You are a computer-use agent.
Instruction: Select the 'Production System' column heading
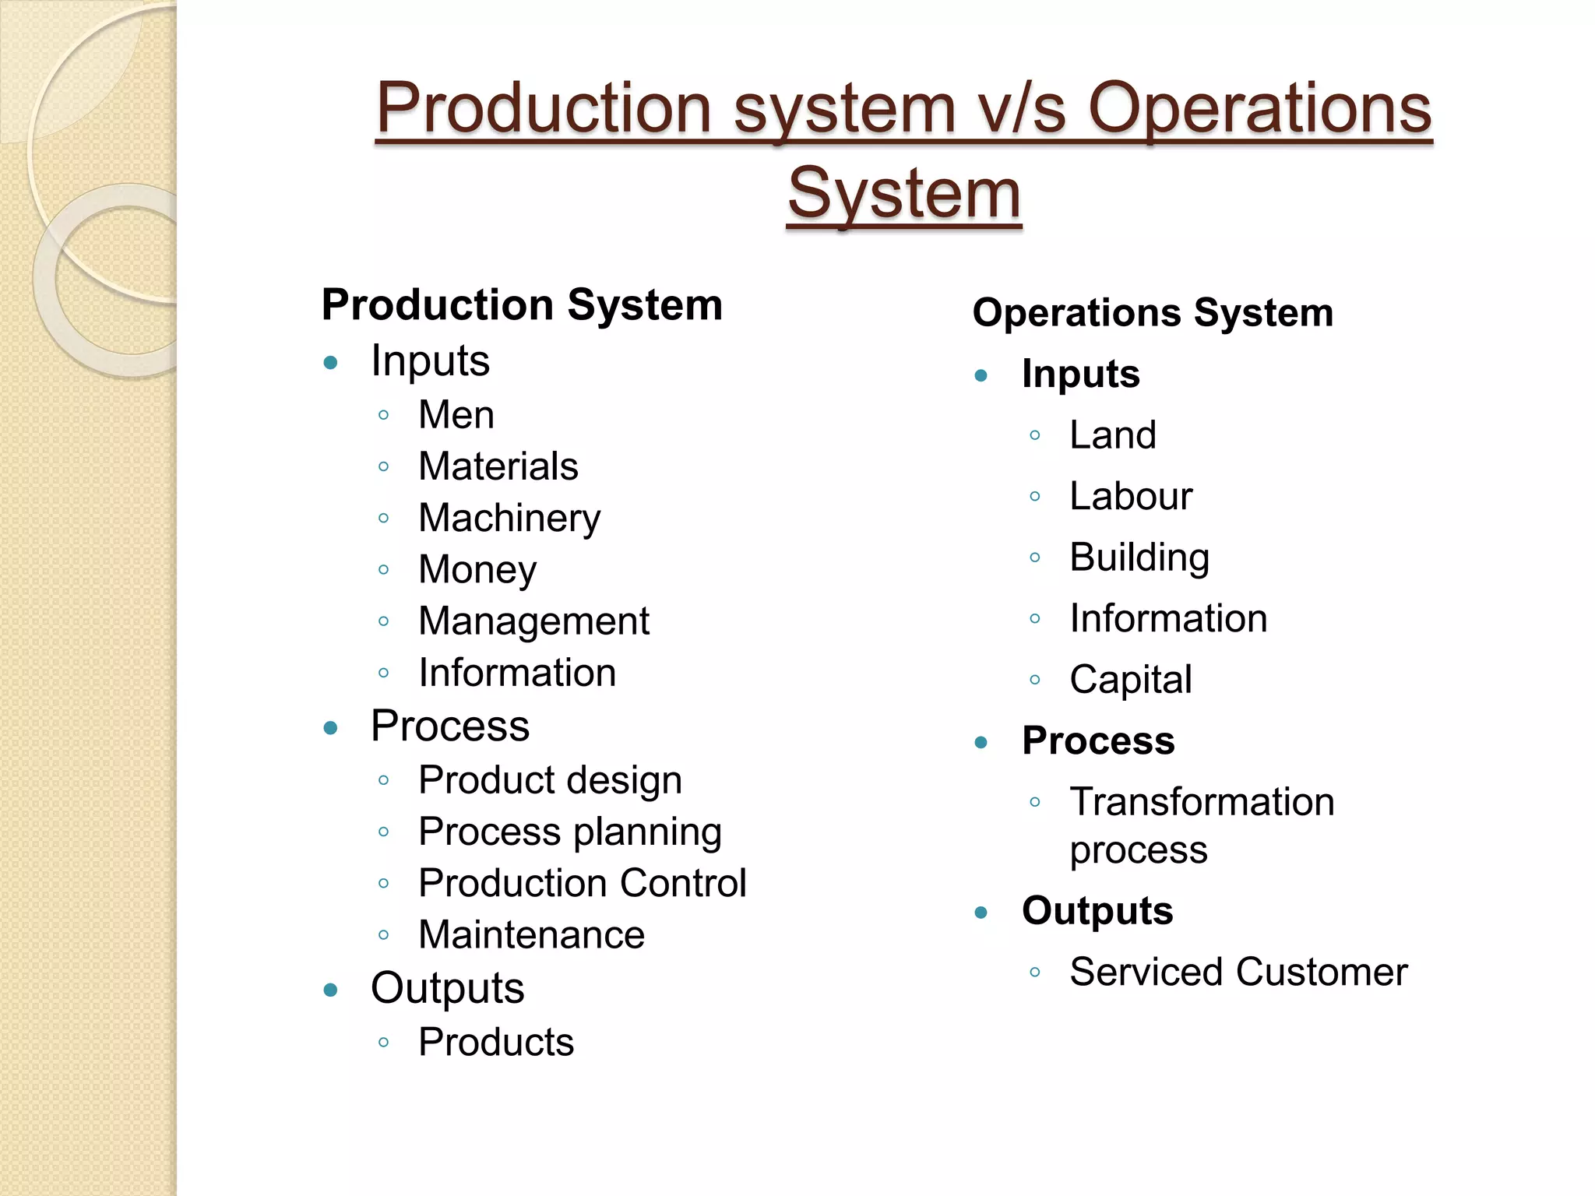522,304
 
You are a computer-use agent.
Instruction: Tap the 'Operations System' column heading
1153,313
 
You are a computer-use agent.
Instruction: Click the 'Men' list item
456,415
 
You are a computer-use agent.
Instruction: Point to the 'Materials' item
498,466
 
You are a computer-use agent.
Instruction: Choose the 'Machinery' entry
509,519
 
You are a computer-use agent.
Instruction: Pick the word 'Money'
477,570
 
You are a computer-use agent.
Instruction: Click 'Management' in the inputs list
533,621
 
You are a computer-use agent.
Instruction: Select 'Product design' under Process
550,780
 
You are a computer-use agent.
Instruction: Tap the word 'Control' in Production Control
683,883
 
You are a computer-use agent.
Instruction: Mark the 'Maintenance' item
531,934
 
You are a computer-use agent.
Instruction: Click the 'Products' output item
496,1042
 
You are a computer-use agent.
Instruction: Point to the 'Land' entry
1112,435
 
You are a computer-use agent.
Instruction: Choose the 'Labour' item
1131,496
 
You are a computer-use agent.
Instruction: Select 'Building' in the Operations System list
1139,558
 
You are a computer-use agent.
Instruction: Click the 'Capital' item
1131,680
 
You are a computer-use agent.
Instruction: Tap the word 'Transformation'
1202,802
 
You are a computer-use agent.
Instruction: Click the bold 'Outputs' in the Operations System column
1097,911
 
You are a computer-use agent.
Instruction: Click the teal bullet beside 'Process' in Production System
331,728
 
